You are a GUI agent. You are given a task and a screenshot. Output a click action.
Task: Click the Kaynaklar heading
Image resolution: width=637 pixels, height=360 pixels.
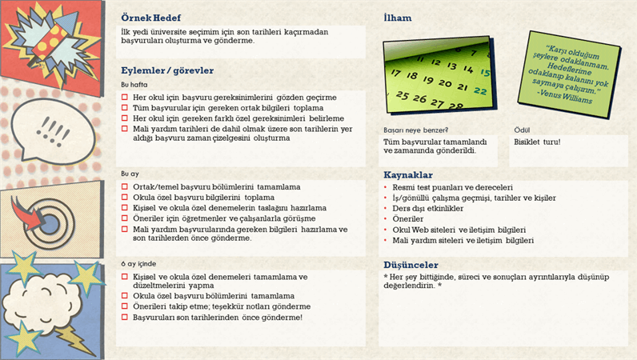tap(408, 175)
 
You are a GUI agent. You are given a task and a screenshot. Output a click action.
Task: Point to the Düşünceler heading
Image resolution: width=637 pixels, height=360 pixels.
tap(411, 265)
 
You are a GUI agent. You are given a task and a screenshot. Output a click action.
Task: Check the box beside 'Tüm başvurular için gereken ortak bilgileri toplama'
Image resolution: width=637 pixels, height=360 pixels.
tap(125, 108)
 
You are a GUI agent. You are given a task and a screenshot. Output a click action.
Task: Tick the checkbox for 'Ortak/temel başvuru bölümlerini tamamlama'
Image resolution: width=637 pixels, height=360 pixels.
tap(125, 187)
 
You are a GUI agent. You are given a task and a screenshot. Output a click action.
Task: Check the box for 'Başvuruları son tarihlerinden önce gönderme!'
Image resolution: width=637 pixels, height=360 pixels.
tap(125, 318)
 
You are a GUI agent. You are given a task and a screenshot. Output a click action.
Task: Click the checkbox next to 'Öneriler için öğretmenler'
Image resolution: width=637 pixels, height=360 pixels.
tap(125, 218)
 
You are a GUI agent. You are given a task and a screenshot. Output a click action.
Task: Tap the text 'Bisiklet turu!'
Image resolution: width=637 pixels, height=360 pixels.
tap(537, 142)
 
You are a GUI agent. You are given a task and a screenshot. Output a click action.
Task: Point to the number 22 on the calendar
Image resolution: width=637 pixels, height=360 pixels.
tap(480, 90)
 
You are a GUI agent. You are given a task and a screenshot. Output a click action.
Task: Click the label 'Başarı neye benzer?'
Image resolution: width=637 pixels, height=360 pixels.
tap(415, 130)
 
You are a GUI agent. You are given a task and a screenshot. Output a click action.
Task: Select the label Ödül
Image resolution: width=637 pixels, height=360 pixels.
tap(521, 130)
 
